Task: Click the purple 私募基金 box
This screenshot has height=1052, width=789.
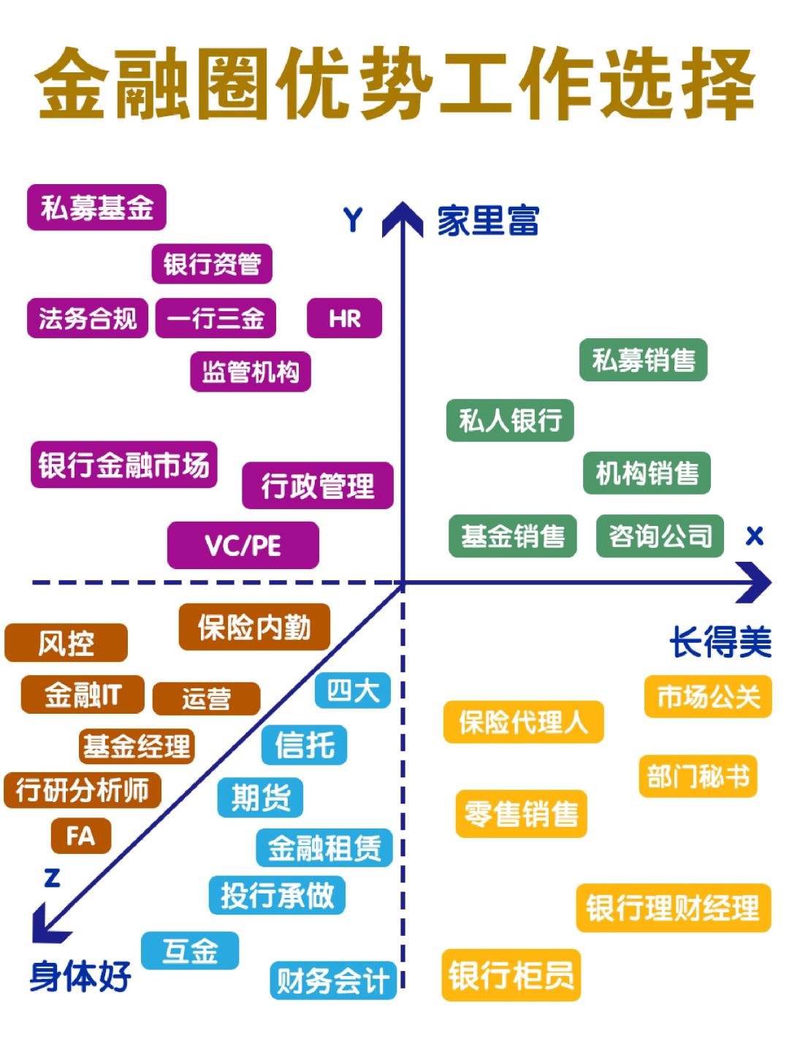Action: [x=96, y=208]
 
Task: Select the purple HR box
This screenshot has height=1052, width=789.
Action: [x=344, y=319]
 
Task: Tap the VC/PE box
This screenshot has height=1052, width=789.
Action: [x=243, y=545]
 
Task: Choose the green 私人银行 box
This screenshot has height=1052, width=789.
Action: [x=510, y=420]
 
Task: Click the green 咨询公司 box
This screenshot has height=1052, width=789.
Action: [x=660, y=536]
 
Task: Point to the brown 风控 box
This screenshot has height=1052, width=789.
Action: [x=66, y=643]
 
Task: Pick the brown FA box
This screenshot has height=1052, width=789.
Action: [x=80, y=836]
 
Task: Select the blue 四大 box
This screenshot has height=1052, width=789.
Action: [x=353, y=690]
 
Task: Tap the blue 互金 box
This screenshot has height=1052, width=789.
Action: [x=190, y=950]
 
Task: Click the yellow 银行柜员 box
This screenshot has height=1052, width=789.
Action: [x=511, y=975]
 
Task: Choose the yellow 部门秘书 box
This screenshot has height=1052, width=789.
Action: [x=698, y=776]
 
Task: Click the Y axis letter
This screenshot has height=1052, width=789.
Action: [x=353, y=220]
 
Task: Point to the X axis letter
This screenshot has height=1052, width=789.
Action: [x=754, y=536]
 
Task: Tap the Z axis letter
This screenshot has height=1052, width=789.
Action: [x=52, y=877]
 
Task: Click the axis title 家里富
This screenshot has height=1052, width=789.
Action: [x=488, y=221]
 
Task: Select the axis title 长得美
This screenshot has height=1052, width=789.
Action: [x=720, y=643]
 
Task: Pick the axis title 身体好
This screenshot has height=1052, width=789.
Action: [x=80, y=976]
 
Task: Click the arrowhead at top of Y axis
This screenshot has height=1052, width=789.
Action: [x=403, y=219]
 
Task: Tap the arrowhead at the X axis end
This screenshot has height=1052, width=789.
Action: [x=755, y=582]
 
